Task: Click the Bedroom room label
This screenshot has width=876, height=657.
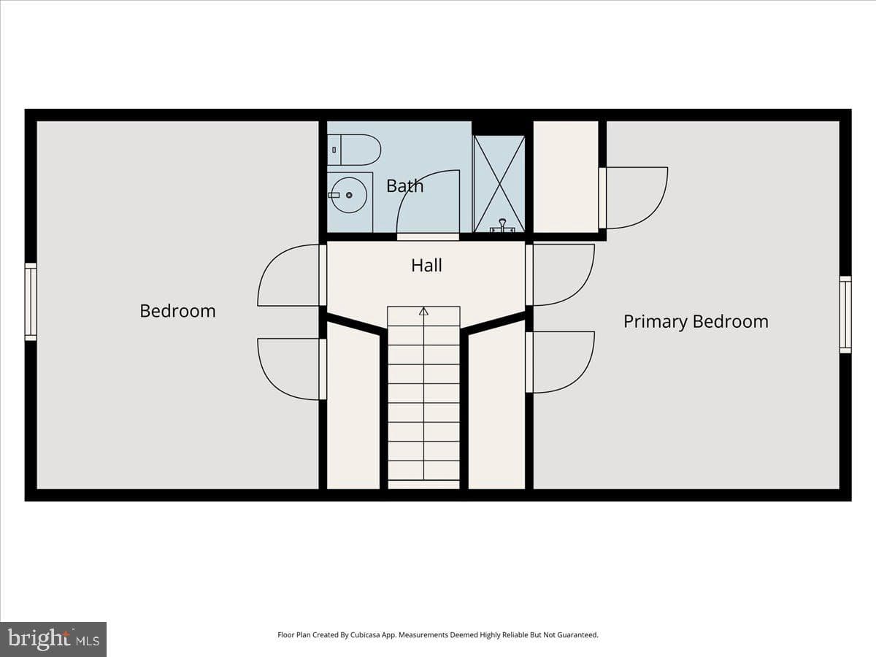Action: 177,311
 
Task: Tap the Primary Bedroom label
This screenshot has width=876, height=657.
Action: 696,321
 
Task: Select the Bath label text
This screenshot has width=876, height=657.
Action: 404,186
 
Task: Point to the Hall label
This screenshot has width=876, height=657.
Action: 426,265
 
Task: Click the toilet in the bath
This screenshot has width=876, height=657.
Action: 354,150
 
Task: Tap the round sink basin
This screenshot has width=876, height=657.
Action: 349,195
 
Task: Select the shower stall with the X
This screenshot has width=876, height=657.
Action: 499,184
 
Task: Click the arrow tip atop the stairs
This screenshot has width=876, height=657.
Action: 424,308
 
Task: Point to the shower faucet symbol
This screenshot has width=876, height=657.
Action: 502,226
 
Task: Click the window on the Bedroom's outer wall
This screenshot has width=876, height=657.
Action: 31,302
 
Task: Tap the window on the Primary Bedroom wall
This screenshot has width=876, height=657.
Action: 845,315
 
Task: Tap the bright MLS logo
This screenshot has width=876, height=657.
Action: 53,639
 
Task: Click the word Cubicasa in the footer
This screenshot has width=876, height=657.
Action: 364,634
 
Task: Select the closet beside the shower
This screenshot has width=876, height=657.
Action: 566,177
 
